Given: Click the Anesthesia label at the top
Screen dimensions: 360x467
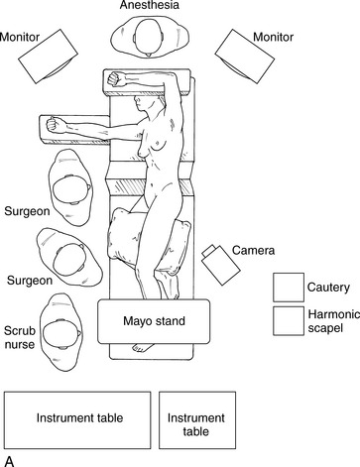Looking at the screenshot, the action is pyautogui.click(x=149, y=5).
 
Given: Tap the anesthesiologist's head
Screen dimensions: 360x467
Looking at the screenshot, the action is pyautogui.click(x=149, y=37).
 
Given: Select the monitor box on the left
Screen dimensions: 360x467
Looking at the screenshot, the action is pyautogui.click(x=48, y=57).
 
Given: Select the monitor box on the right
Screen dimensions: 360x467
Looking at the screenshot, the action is pyautogui.click(x=245, y=57).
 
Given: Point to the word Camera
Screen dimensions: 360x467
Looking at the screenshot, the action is pyautogui.click(x=253, y=250).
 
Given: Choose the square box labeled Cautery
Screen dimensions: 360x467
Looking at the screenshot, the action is pyautogui.click(x=289, y=288).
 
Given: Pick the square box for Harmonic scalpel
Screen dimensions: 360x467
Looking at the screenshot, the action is pyautogui.click(x=289, y=321).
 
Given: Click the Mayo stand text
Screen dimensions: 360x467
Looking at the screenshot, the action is pyautogui.click(x=154, y=321).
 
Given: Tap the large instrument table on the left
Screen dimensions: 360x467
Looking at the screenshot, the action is pyautogui.click(x=77, y=420).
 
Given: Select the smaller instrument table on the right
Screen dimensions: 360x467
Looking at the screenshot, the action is pyautogui.click(x=197, y=420).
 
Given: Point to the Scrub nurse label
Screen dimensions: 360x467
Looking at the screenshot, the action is pyautogui.click(x=20, y=337).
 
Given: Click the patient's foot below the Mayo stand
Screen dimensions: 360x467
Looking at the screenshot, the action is pyautogui.click(x=143, y=347).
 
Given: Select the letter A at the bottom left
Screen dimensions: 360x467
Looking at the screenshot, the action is pyautogui.click(x=10, y=461).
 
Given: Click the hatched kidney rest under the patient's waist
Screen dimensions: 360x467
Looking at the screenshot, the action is pyautogui.click(x=151, y=187).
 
